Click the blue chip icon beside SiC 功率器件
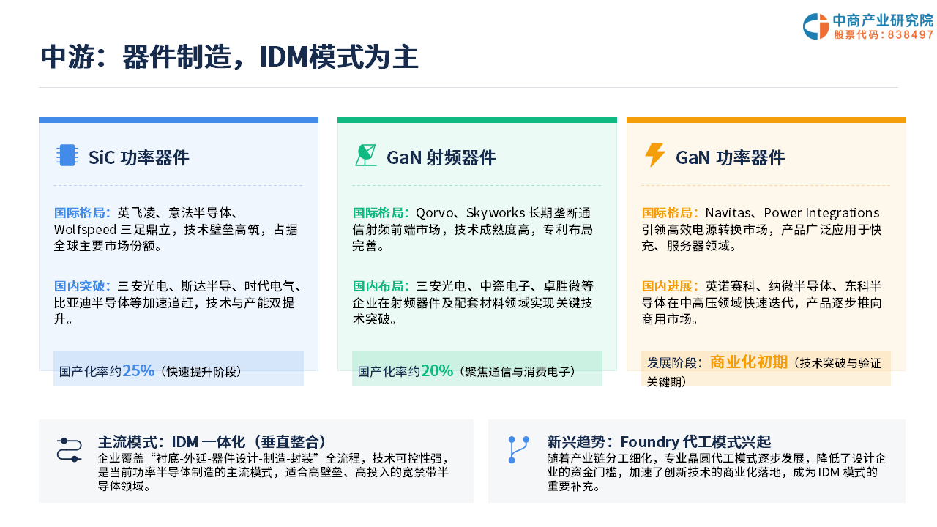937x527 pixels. click(x=67, y=155)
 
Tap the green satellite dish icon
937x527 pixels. click(x=365, y=155)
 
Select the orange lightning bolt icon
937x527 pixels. click(x=654, y=155)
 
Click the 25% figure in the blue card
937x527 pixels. click(x=138, y=370)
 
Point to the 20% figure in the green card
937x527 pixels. click(x=437, y=370)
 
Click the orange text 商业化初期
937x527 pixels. click(x=749, y=362)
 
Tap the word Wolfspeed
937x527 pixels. click(x=86, y=230)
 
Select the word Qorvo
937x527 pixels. click(x=435, y=213)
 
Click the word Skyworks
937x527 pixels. click(x=496, y=213)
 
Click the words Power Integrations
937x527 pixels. click(x=821, y=213)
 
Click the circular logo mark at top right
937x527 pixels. click(x=815, y=26)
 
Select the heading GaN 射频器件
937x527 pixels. click(x=441, y=157)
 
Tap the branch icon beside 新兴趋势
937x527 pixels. click(x=518, y=449)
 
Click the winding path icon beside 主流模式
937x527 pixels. click(x=69, y=449)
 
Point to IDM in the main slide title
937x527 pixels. click(x=284, y=57)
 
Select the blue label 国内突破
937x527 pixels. click(x=80, y=286)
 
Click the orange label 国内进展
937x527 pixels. click(x=668, y=286)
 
